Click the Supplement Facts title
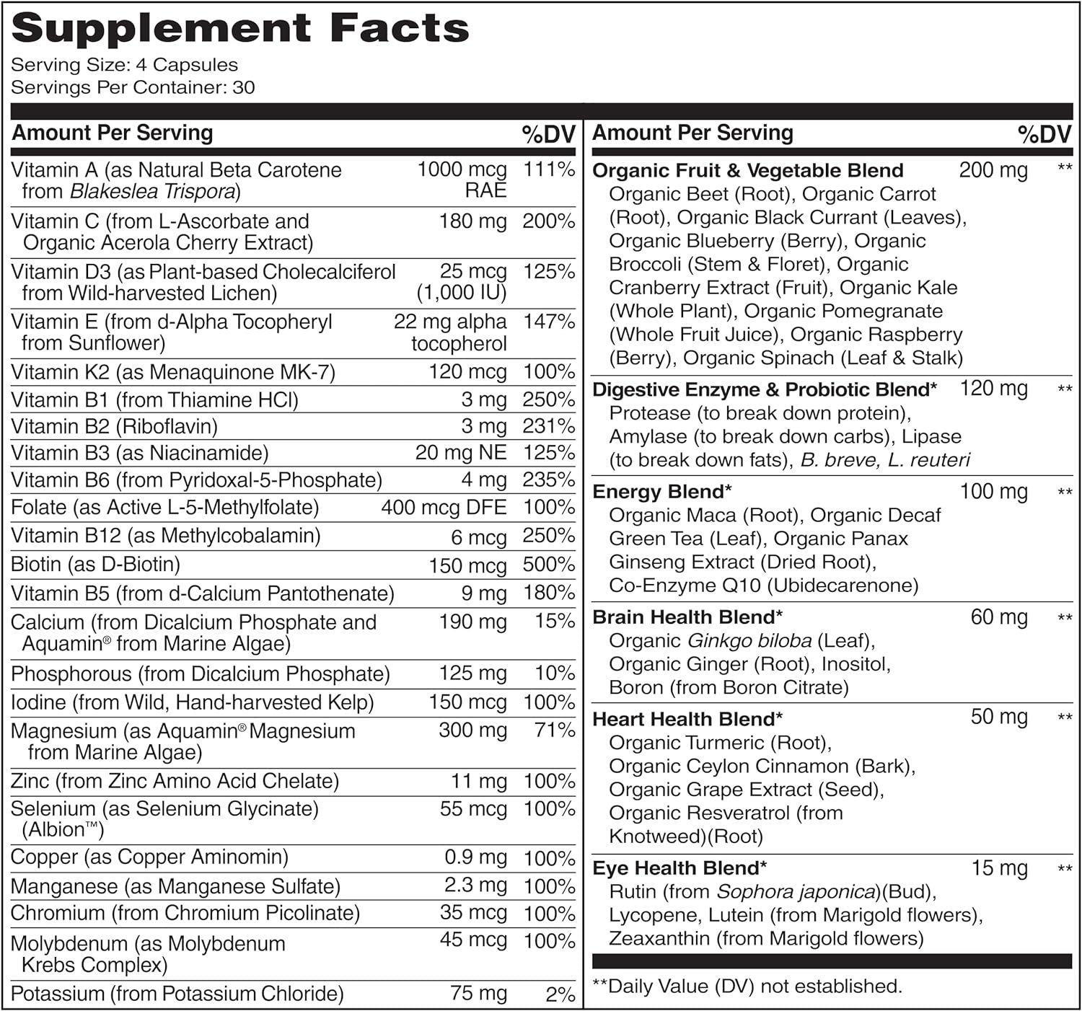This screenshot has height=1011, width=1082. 240,29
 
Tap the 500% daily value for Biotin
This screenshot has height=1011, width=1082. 548,565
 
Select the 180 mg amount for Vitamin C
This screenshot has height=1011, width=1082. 472,221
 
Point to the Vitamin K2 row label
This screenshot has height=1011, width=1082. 173,372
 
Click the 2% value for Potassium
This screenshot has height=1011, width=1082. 560,994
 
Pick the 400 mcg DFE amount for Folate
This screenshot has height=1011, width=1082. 444,508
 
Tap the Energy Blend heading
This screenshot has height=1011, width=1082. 661,492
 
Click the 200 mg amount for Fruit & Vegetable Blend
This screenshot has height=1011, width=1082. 993,171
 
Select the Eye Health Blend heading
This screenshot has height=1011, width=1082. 679,868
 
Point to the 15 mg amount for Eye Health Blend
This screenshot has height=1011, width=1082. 999,868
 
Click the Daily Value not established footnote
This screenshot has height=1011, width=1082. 747,986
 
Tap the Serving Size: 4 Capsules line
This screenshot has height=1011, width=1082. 124,65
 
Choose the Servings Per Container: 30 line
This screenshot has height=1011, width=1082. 133,88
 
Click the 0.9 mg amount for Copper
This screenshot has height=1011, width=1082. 475,857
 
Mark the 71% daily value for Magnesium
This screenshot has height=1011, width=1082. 555,730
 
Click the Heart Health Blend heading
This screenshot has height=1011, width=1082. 687,719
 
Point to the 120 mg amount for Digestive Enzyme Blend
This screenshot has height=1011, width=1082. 993,389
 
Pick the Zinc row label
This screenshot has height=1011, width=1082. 175,781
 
